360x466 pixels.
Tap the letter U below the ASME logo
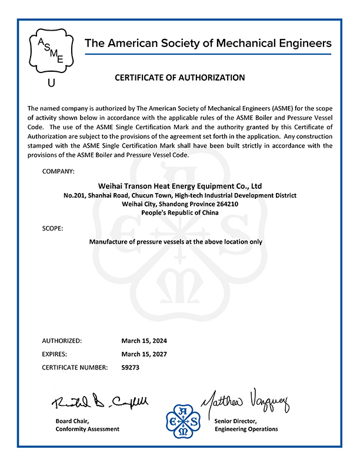pyautogui.click(x=51, y=83)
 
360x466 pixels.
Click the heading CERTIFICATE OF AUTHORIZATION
pyautogui.click(x=179, y=77)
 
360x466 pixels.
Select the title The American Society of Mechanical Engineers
pyautogui.click(x=208, y=43)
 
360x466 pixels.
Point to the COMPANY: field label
pyautogui.click(x=59, y=171)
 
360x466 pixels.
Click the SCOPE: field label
pyautogui.click(x=53, y=228)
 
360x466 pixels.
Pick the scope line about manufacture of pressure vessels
pyautogui.click(x=175, y=241)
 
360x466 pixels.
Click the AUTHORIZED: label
pyautogui.click(x=62, y=341)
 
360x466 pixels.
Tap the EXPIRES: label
pyautogui.click(x=55, y=354)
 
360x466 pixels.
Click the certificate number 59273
pyautogui.click(x=130, y=368)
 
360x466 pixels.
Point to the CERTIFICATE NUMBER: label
pyautogui.click(x=75, y=368)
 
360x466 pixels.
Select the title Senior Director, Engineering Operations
pyautogui.click(x=246, y=425)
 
